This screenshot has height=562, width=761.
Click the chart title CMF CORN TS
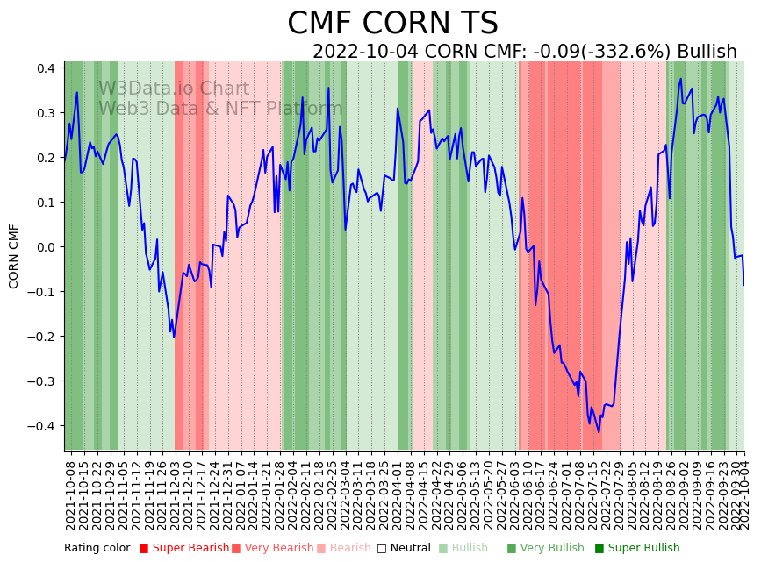[x=392, y=24]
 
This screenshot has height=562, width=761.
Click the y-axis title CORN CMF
[x=14, y=256]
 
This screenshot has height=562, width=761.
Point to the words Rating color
[x=97, y=549]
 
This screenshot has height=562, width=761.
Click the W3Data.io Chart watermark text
[x=174, y=89]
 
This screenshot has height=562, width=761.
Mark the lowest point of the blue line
[x=599, y=431]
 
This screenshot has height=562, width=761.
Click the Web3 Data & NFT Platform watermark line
[x=220, y=109]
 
